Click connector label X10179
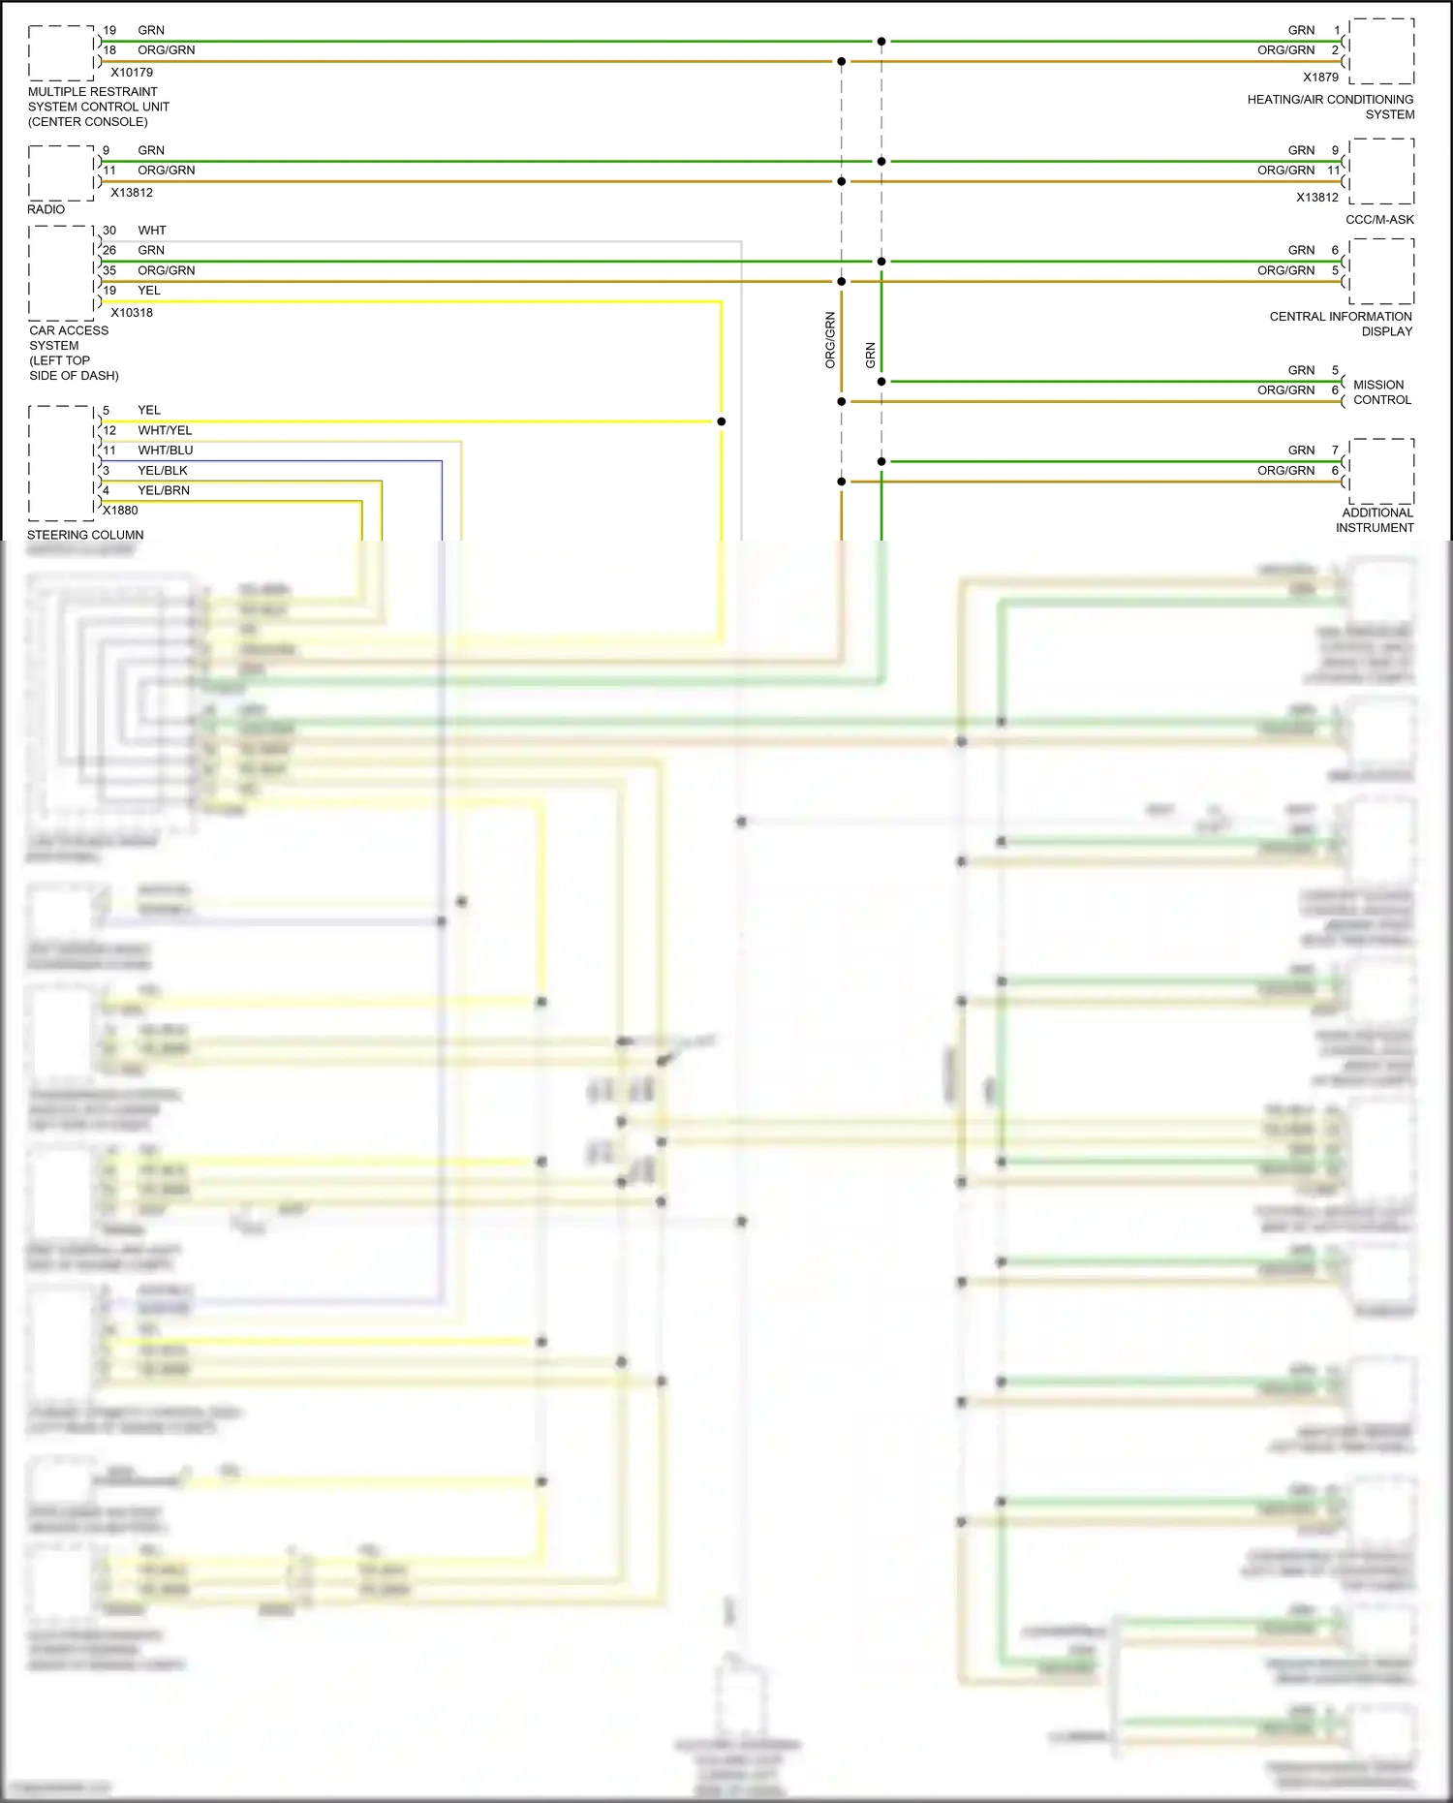pyautogui.click(x=132, y=73)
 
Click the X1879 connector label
pyautogui.click(x=1320, y=78)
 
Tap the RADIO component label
pyautogui.click(x=46, y=209)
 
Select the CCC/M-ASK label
pyautogui.click(x=1379, y=220)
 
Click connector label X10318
pyautogui.click(x=132, y=313)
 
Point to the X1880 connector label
pyautogui.click(x=121, y=511)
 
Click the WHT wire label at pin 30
pyautogui.click(x=152, y=231)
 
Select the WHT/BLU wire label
pyautogui.click(x=165, y=451)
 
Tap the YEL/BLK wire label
pyautogui.click(x=163, y=471)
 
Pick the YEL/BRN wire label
pyautogui.click(x=164, y=490)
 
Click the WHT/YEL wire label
pyautogui.click(x=165, y=430)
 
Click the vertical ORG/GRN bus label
pyautogui.click(x=830, y=340)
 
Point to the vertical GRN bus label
pyautogui.click(x=870, y=356)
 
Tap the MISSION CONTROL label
pyautogui.click(x=1381, y=392)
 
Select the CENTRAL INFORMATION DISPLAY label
pyautogui.click(x=1341, y=324)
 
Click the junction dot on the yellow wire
pyautogui.click(x=722, y=421)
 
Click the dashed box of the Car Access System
pyautogui.click(x=62, y=273)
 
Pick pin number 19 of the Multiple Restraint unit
pyautogui.click(x=109, y=30)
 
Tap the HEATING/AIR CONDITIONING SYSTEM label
pyautogui.click(x=1330, y=107)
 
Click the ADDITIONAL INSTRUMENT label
pyautogui.click(x=1376, y=520)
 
